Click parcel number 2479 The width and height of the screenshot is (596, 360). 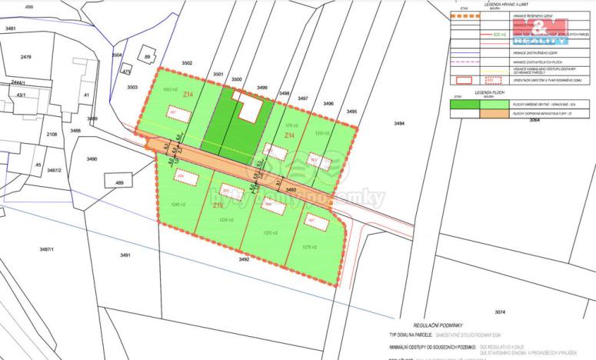click(26, 57)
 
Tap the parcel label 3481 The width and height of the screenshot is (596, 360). click(10, 28)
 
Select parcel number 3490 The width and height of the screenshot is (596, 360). click(92, 158)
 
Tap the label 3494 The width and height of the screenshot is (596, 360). click(398, 124)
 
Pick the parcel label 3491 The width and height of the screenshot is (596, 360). click(125, 255)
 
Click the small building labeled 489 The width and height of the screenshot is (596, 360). click(118, 182)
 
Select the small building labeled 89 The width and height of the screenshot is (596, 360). click(147, 57)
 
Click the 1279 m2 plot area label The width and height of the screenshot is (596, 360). click(310, 247)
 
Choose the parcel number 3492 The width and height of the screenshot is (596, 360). click(244, 259)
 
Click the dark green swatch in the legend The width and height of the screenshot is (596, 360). click(467, 104)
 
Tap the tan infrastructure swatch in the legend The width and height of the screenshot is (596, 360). click(467, 113)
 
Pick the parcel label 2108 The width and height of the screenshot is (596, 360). click(52, 134)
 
